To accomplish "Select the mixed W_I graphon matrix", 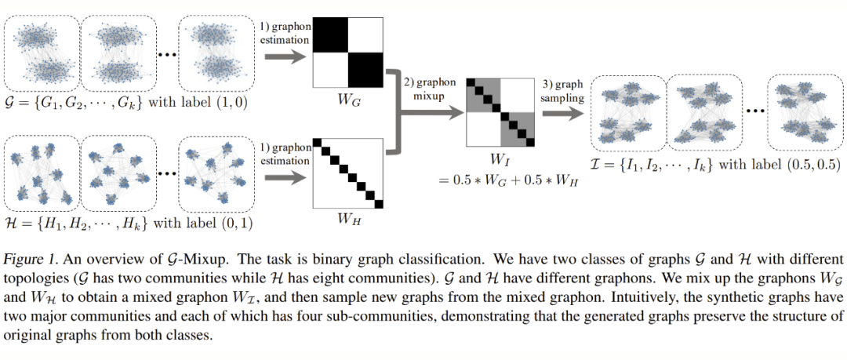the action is [x=500, y=111].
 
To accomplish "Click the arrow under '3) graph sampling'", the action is [x=562, y=111].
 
